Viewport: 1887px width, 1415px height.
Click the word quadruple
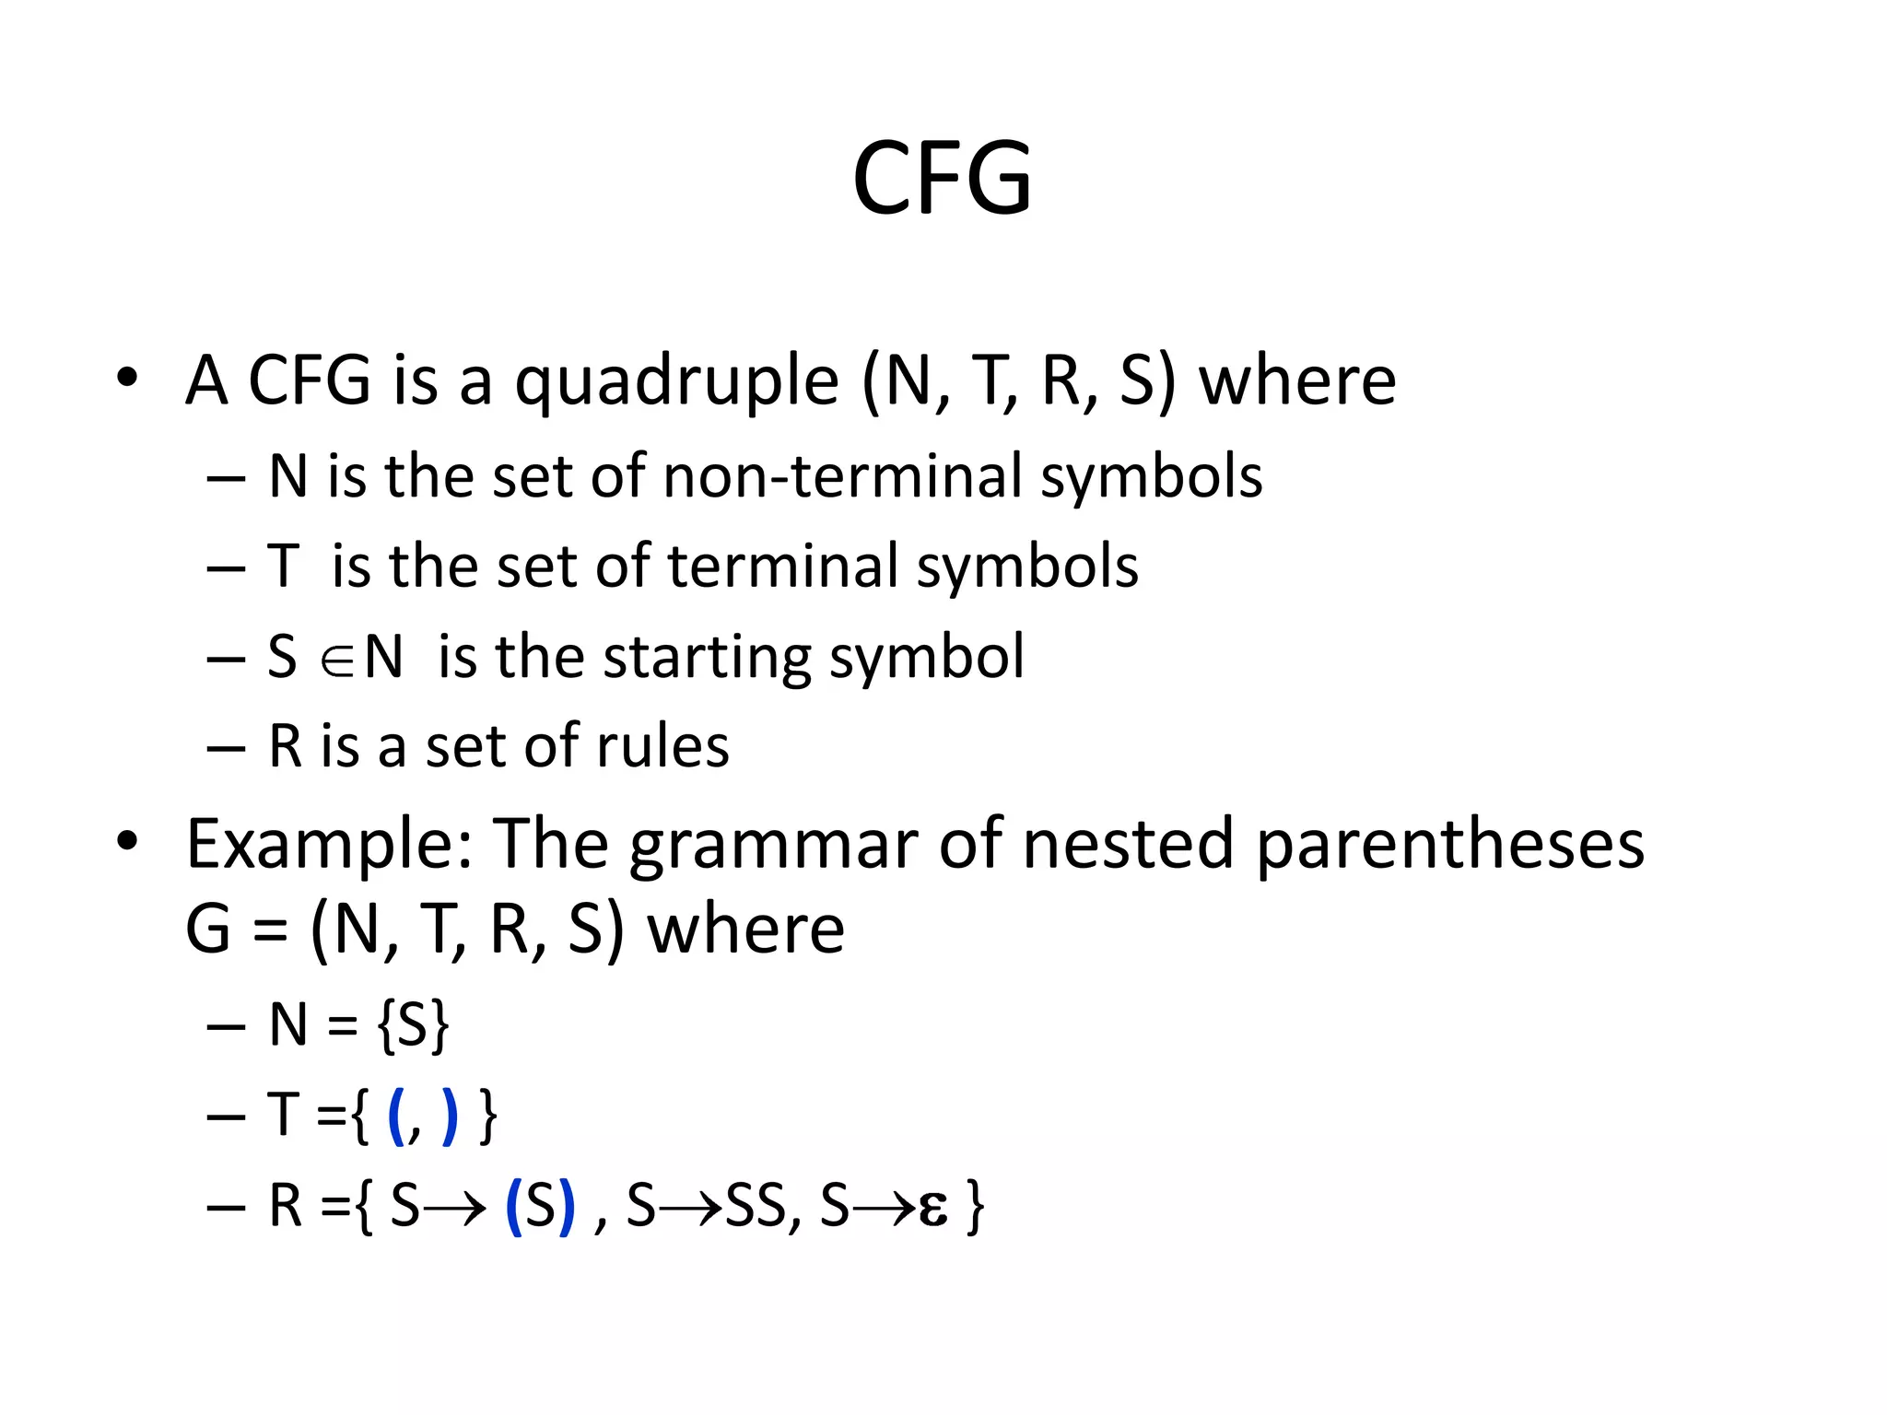pyautogui.click(x=676, y=381)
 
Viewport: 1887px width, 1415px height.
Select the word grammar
pyautogui.click(x=773, y=845)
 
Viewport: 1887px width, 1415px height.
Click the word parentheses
pyautogui.click(x=1450, y=845)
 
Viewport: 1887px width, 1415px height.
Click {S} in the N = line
pyautogui.click(x=414, y=1024)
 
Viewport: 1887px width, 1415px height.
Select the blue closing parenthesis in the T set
pyautogui.click(x=450, y=1117)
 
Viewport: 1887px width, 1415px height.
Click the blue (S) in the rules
pyautogui.click(x=541, y=1206)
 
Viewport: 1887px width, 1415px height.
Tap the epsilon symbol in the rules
pyautogui.click(x=932, y=1208)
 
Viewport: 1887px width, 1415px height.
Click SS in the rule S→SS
pyautogui.click(x=755, y=1206)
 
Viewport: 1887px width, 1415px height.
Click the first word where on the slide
pyautogui.click(x=1296, y=381)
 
